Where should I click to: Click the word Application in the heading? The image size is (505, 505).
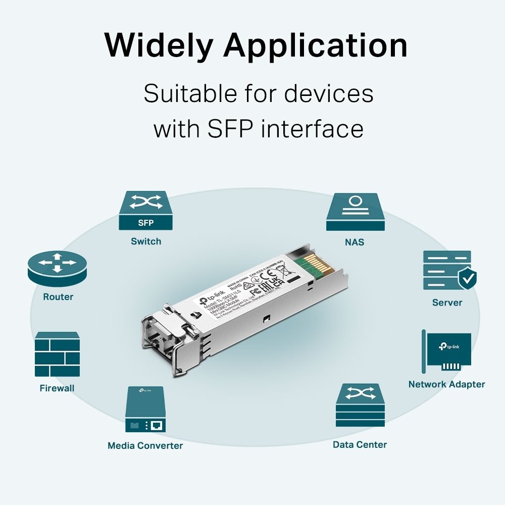tap(316, 46)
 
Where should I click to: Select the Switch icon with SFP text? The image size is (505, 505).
tap(146, 211)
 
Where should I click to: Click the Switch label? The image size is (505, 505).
tap(146, 241)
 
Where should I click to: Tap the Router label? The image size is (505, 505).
tap(58, 297)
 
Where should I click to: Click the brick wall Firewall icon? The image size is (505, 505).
tap(57, 355)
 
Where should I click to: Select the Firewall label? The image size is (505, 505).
tap(57, 388)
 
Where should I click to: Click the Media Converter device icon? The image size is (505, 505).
tap(145, 409)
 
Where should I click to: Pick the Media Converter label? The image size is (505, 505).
tap(145, 445)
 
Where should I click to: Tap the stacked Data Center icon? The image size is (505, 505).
tap(360, 405)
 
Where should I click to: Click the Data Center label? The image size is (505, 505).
tap(360, 444)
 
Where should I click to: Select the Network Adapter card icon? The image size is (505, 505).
tap(447, 351)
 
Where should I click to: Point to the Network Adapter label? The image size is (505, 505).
tap(446, 384)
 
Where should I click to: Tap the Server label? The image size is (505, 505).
tap(447, 302)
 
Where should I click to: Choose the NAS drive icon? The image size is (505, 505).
tap(355, 212)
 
